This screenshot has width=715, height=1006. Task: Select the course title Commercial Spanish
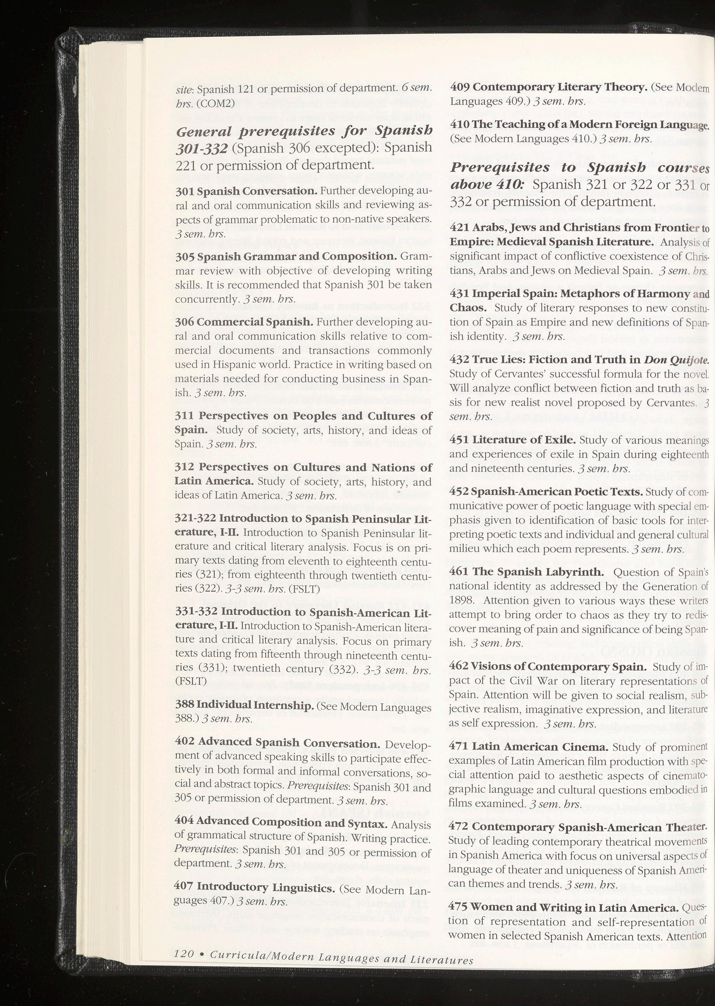click(255, 322)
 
